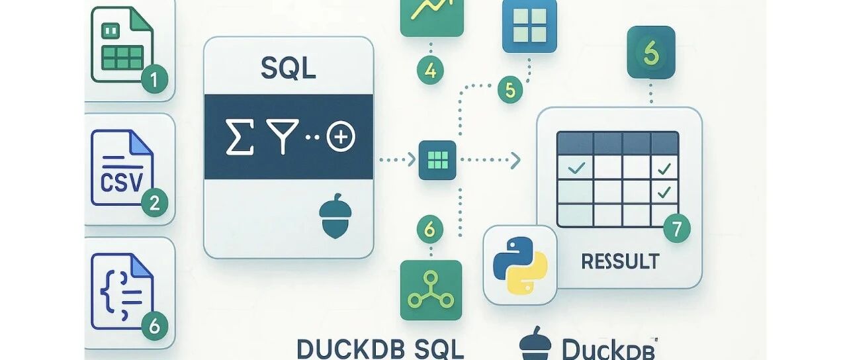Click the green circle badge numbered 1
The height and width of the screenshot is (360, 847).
click(154, 81)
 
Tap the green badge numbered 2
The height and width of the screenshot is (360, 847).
click(154, 203)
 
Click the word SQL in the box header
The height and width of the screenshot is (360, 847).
click(289, 69)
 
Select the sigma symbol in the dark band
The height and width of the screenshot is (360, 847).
click(240, 138)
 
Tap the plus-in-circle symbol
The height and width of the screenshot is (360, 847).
click(341, 138)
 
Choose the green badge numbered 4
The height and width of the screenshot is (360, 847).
click(430, 69)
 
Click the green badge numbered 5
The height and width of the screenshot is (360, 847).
click(509, 91)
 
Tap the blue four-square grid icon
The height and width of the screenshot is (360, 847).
click(529, 25)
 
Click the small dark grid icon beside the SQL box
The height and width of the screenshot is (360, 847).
click(437, 159)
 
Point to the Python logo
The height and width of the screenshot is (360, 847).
click(520, 264)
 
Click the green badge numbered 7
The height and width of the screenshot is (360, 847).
click(676, 229)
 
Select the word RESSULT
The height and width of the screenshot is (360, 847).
click(620, 261)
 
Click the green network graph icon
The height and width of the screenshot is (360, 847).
click(431, 290)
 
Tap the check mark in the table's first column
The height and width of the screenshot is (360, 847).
click(576, 168)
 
